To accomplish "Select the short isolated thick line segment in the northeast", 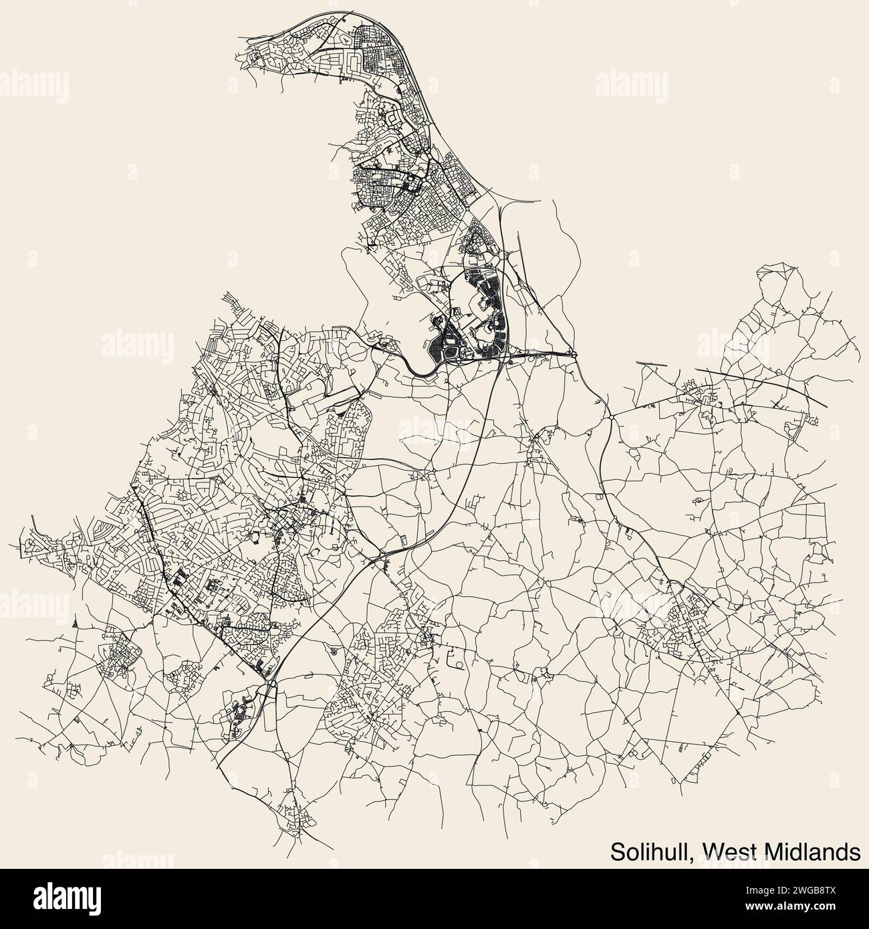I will tap(652, 364).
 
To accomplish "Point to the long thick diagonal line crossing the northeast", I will tap(759, 386).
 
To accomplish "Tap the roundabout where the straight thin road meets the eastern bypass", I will tap(611, 416).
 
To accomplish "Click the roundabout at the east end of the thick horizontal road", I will tap(574, 352).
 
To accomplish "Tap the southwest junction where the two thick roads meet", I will tap(267, 683).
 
